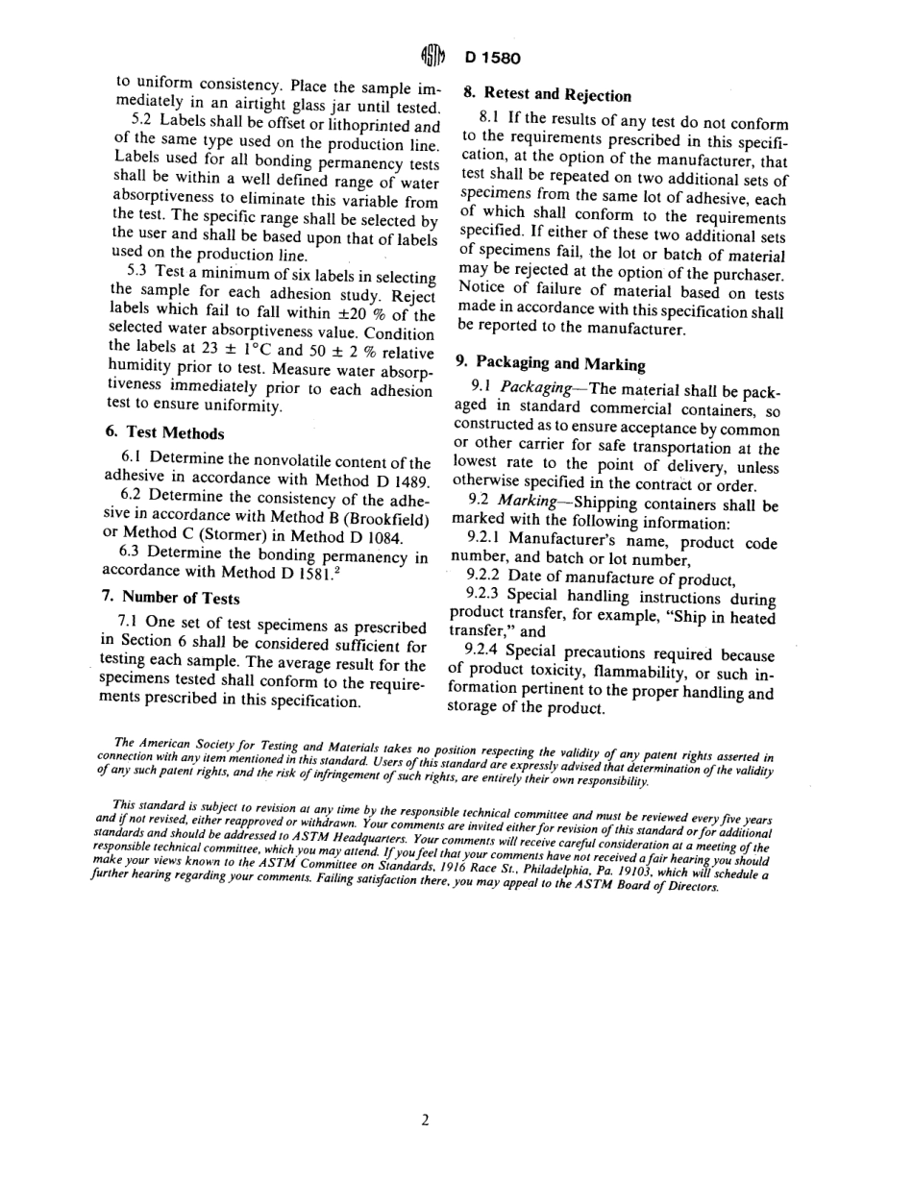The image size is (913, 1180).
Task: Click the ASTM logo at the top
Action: pos(433,56)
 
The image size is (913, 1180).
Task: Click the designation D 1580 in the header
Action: pos(493,58)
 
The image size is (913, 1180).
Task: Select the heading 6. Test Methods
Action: pos(162,434)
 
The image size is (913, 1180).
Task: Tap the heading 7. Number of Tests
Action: pos(170,598)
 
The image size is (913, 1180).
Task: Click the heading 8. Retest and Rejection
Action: pos(544,94)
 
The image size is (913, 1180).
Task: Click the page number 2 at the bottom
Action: pos(424,1119)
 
